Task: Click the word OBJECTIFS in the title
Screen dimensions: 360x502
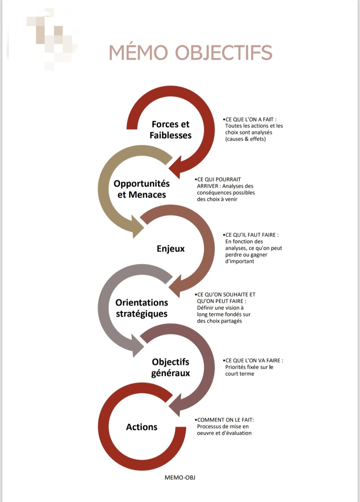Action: [x=224, y=53]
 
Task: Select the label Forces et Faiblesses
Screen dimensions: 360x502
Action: [x=170, y=130]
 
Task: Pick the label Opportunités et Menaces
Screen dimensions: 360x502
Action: [x=142, y=189]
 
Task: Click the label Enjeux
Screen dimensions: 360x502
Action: [x=170, y=249]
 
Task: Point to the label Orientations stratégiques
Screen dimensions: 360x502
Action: [x=142, y=308]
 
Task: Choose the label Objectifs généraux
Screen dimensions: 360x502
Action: [x=170, y=368]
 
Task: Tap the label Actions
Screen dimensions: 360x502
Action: [x=142, y=427]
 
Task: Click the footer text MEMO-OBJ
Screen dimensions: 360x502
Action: [x=180, y=478]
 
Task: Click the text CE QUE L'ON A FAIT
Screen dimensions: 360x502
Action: [x=249, y=120]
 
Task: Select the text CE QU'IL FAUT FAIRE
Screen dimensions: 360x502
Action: [x=251, y=235]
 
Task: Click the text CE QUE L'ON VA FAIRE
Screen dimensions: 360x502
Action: [x=253, y=360]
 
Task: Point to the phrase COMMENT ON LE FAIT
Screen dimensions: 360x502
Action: [x=225, y=420]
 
